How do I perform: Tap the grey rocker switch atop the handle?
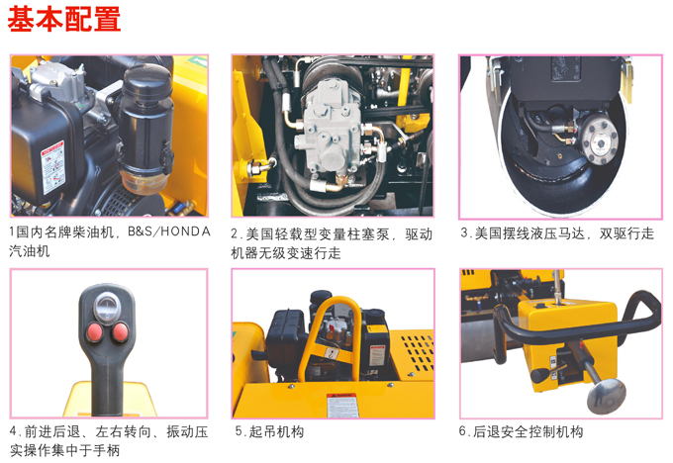click(x=108, y=304)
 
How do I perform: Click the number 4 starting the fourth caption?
click(x=13, y=432)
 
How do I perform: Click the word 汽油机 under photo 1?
click(x=30, y=252)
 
